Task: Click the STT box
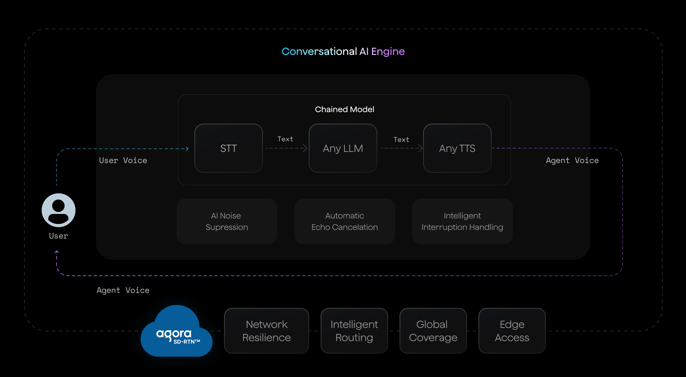(228, 148)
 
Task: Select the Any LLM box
(343, 148)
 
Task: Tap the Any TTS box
(457, 148)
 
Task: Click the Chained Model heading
(344, 109)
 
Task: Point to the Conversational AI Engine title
(343, 51)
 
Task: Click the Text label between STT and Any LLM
(285, 139)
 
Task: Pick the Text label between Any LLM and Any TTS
(401, 140)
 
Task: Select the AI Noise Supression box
(227, 221)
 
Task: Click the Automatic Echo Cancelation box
(344, 221)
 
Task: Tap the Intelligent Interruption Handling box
(462, 221)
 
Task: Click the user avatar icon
(59, 210)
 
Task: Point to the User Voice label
(123, 160)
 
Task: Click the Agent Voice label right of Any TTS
(572, 160)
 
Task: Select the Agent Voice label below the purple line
(123, 290)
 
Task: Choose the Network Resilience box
(266, 331)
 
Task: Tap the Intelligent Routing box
(354, 331)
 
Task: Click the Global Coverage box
(433, 331)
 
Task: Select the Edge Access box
(512, 331)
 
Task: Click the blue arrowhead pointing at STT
(187, 149)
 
